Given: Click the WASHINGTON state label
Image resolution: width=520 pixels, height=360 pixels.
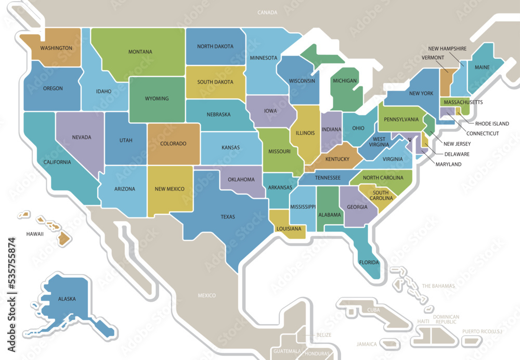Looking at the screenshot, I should click(56, 48).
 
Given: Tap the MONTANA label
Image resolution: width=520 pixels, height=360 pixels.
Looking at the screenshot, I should click(140, 52).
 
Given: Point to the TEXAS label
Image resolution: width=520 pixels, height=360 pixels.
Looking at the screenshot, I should click(228, 217).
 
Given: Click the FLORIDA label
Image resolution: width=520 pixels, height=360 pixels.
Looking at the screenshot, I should click(369, 262).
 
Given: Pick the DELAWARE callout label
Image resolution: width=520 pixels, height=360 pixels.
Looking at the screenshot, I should click(457, 155).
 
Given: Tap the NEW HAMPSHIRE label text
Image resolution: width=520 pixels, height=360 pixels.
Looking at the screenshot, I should click(447, 48).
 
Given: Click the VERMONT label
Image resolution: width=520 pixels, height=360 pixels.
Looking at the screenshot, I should click(432, 58).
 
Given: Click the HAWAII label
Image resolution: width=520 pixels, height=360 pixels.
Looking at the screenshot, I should click(35, 234).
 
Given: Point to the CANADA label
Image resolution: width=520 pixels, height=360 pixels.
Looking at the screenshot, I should click(267, 12).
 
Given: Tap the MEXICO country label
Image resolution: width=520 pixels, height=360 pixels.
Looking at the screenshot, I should click(206, 295).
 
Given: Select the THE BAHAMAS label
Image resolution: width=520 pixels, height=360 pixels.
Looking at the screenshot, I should click(438, 286).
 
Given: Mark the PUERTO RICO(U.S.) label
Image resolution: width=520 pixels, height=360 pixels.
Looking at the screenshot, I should click(483, 331).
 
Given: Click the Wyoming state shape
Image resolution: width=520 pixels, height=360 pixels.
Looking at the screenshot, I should click(157, 99).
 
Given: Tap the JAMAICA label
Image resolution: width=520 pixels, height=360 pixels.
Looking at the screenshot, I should click(367, 344).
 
